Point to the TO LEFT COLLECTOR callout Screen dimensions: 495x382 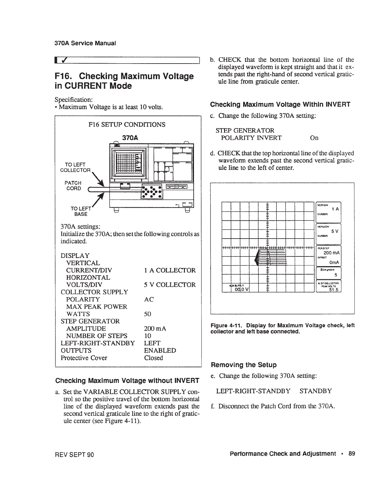click(x=75, y=167)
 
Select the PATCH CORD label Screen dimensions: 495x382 click(x=73, y=185)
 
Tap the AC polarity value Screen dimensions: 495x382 click(x=149, y=299)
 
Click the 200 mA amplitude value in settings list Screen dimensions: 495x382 click(x=155, y=328)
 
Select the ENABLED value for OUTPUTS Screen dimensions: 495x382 click(x=160, y=350)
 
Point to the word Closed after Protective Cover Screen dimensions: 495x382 click(x=154, y=358)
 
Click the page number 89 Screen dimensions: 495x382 click(x=351, y=453)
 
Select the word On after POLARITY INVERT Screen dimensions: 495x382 click(x=314, y=138)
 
